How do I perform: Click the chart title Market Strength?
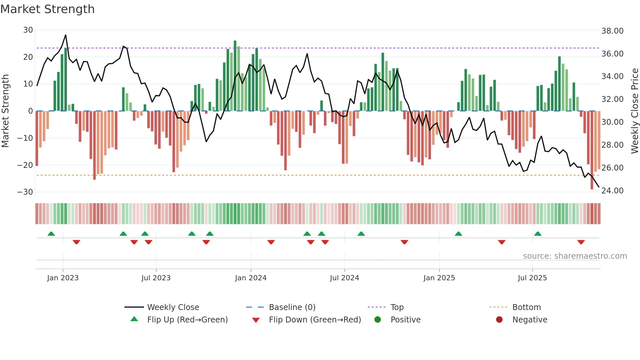47,9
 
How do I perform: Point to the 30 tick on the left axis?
28,30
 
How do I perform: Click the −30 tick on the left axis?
25,192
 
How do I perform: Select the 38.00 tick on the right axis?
612,31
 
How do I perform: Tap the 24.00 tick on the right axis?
612,191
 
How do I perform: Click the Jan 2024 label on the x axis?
250,278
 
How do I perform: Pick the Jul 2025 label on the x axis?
532,278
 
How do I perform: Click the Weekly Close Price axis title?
634,111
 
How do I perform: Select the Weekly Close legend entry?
173,307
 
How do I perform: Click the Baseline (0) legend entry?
292,307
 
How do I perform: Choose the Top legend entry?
397,307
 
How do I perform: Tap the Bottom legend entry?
526,307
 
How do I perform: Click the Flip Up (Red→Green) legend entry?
187,320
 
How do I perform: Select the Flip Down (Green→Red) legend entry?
314,320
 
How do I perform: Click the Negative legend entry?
529,320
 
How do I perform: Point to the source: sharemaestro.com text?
575,256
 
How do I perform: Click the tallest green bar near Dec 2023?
235,75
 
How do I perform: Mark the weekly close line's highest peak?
66,35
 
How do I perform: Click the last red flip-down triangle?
581,242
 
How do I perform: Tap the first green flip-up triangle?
51,234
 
